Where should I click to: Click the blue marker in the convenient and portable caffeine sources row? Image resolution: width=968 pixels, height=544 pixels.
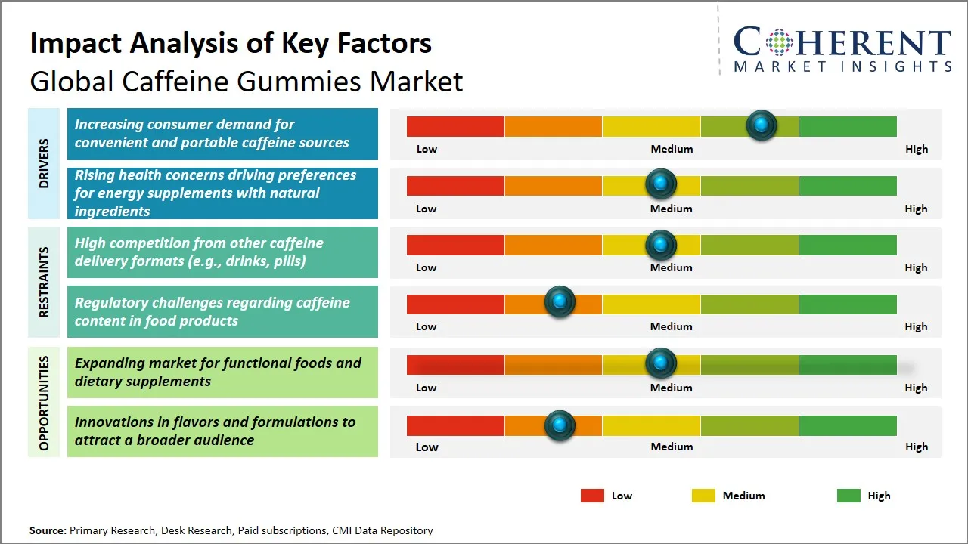click(x=762, y=125)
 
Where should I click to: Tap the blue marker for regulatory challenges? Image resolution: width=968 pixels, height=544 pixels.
click(x=560, y=302)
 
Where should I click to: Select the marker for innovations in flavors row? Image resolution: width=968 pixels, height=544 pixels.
click(x=560, y=425)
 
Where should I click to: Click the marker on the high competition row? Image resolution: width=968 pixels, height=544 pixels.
click(x=661, y=245)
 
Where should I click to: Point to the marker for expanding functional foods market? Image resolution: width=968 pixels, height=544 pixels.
click(x=661, y=363)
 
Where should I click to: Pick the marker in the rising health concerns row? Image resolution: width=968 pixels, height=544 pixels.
click(x=661, y=184)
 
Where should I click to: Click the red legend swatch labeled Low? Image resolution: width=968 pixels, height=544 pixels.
click(x=592, y=496)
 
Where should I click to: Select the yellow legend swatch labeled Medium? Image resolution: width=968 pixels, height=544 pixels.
click(x=703, y=496)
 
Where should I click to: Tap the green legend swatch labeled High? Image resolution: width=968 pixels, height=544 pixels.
click(x=849, y=496)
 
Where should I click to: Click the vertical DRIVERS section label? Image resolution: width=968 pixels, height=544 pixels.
click(x=44, y=163)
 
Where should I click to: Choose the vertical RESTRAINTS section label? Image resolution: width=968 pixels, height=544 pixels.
click(x=44, y=282)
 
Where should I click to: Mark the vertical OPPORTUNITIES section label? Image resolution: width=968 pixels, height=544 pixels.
click(x=44, y=403)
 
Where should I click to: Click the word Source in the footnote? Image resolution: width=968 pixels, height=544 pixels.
click(x=48, y=530)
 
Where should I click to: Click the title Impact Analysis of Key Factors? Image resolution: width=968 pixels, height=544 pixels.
click(x=231, y=44)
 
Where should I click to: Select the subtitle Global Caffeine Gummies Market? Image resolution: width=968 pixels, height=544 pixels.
click(x=246, y=81)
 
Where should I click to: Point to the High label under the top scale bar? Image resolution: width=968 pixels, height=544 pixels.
click(x=916, y=149)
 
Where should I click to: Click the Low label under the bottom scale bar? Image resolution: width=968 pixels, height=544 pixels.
click(x=427, y=447)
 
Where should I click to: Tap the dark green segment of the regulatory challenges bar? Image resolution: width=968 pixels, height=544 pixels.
click(x=847, y=304)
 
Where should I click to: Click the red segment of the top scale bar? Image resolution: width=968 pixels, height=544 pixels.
click(x=455, y=126)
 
